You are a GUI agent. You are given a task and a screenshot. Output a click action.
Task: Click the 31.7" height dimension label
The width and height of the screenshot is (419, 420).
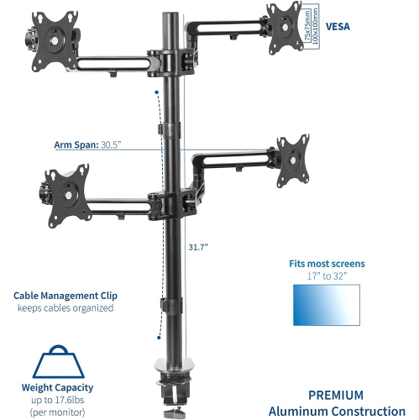[198, 247]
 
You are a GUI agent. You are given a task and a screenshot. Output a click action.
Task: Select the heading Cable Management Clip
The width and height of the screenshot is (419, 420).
[65, 295]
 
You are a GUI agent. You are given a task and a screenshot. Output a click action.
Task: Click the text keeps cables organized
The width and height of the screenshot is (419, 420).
[65, 308]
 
